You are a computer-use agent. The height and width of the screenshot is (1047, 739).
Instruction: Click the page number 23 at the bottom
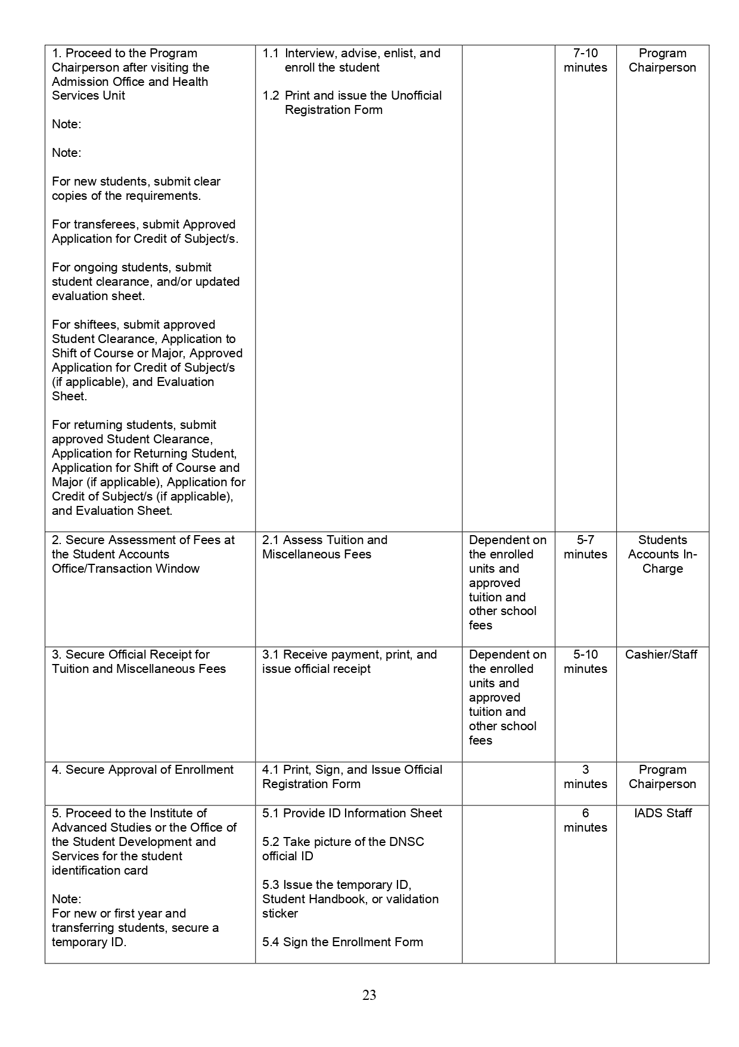pyautogui.click(x=369, y=995)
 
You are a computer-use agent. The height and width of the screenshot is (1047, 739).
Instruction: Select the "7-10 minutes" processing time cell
pyautogui.click(x=585, y=60)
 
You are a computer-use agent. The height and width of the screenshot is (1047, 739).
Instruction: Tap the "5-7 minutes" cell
pyautogui.click(x=585, y=547)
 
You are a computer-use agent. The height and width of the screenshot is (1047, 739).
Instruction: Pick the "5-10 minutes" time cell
pyautogui.click(x=585, y=662)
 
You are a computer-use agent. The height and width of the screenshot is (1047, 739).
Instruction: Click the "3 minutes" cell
pyautogui.click(x=585, y=777)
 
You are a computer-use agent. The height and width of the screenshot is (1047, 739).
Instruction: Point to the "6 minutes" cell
pyautogui.click(x=585, y=820)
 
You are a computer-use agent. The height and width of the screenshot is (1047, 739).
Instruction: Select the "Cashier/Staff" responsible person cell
pyautogui.click(x=661, y=654)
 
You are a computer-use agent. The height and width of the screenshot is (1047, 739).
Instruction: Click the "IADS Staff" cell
pyautogui.click(x=662, y=813)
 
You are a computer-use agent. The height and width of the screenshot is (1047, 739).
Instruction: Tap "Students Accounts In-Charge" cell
pyautogui.click(x=662, y=554)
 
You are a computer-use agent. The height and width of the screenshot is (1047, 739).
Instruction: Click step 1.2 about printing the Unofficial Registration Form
pyautogui.click(x=353, y=103)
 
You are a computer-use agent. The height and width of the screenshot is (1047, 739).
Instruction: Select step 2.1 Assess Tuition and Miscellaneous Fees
pyautogui.click(x=325, y=547)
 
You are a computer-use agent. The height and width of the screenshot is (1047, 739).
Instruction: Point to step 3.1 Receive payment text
pyautogui.click(x=349, y=662)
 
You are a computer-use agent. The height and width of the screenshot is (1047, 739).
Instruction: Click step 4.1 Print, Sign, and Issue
pyautogui.click(x=352, y=777)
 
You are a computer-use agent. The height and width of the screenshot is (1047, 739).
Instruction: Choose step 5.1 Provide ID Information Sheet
pyautogui.click(x=352, y=813)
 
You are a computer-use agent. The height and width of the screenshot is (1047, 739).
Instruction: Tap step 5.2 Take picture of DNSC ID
pyautogui.click(x=343, y=849)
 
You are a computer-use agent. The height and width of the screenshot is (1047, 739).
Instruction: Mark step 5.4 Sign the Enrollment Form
pyautogui.click(x=342, y=942)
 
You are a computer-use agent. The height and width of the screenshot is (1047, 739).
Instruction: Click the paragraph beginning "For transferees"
pyautogui.click(x=145, y=231)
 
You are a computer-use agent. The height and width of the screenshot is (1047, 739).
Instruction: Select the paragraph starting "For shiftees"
pyautogui.click(x=147, y=360)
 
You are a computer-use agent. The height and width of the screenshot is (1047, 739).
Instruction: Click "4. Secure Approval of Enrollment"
pyautogui.click(x=142, y=770)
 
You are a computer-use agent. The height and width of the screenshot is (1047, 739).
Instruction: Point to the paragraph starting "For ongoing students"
pyautogui.click(x=145, y=282)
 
